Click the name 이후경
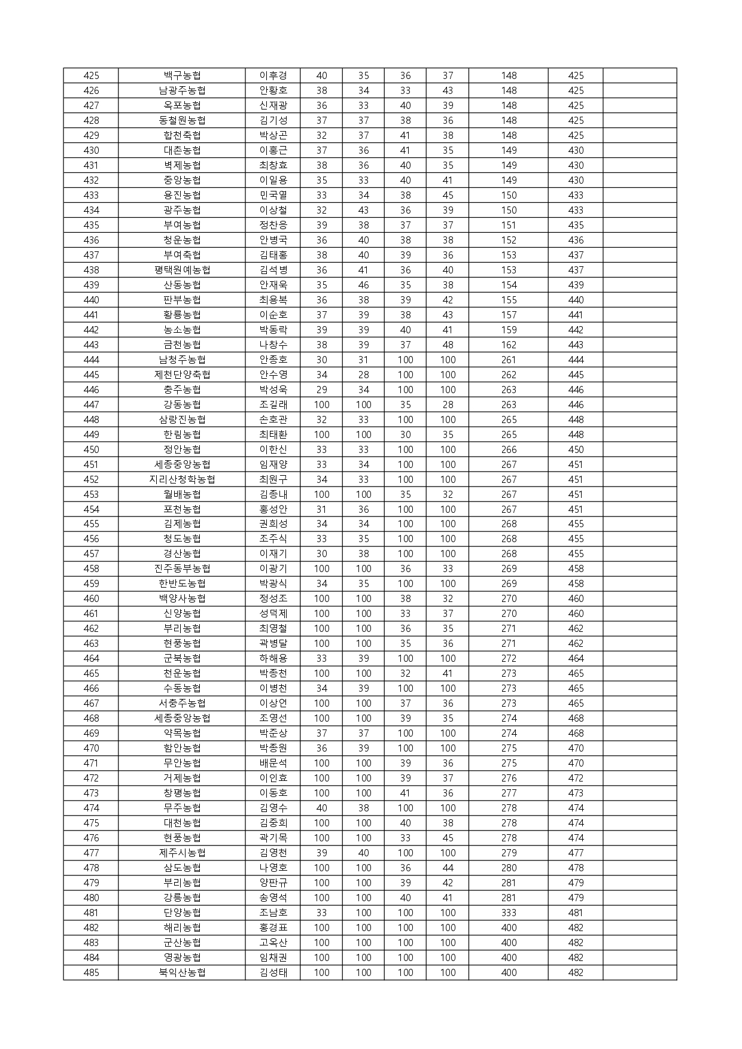click(x=273, y=75)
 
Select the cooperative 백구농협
click(x=182, y=75)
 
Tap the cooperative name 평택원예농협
click(x=182, y=270)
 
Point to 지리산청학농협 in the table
click(x=182, y=479)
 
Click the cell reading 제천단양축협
click(x=182, y=375)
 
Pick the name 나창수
click(x=273, y=345)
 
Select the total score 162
click(x=509, y=345)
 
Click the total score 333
click(x=509, y=913)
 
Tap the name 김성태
click(x=273, y=972)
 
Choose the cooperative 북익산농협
click(x=182, y=972)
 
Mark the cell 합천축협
click(x=182, y=135)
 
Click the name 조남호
click(x=273, y=913)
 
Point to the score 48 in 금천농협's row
click(x=448, y=345)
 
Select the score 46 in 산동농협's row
click(x=363, y=285)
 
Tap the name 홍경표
click(x=273, y=928)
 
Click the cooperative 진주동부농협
click(x=182, y=568)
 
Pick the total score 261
click(x=509, y=360)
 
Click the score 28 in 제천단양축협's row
click(x=363, y=375)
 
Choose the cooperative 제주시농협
click(x=182, y=853)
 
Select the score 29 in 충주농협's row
click(x=321, y=390)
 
